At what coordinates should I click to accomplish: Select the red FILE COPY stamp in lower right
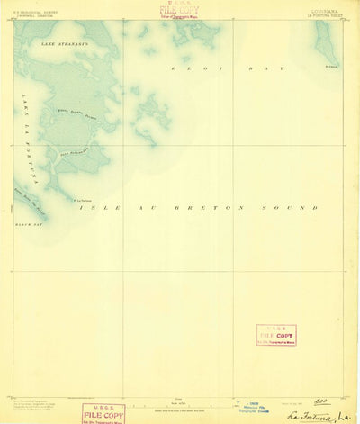point(275,335)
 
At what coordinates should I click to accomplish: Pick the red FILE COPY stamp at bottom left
point(103,413)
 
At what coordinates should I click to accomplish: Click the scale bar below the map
point(180,401)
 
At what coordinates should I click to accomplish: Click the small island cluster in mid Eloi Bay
point(151,114)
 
